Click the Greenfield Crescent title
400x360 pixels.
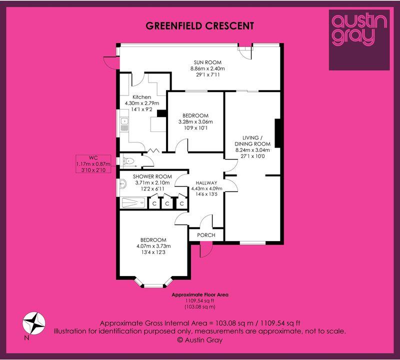coord(199,26)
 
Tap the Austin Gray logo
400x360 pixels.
coord(359,40)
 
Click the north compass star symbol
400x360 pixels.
coord(34,323)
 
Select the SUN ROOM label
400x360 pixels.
coord(207,62)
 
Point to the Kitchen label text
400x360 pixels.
coord(142,97)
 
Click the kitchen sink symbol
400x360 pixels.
coord(124,124)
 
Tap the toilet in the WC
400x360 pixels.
coord(128,161)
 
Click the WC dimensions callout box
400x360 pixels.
coord(93,164)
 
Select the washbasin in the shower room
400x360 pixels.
coord(123,183)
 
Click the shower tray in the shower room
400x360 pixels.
coord(133,203)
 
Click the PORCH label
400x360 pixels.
coord(206,235)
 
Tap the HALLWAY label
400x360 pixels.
coord(206,182)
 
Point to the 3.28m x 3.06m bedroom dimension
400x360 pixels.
coord(195,121)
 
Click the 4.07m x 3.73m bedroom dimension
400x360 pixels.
coord(153,246)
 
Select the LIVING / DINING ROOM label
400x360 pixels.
coord(252,140)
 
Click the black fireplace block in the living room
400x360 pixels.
coord(278,133)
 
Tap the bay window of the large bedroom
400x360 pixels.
coord(153,282)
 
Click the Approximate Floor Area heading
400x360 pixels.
coord(200,294)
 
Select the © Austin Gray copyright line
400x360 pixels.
coord(200,340)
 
